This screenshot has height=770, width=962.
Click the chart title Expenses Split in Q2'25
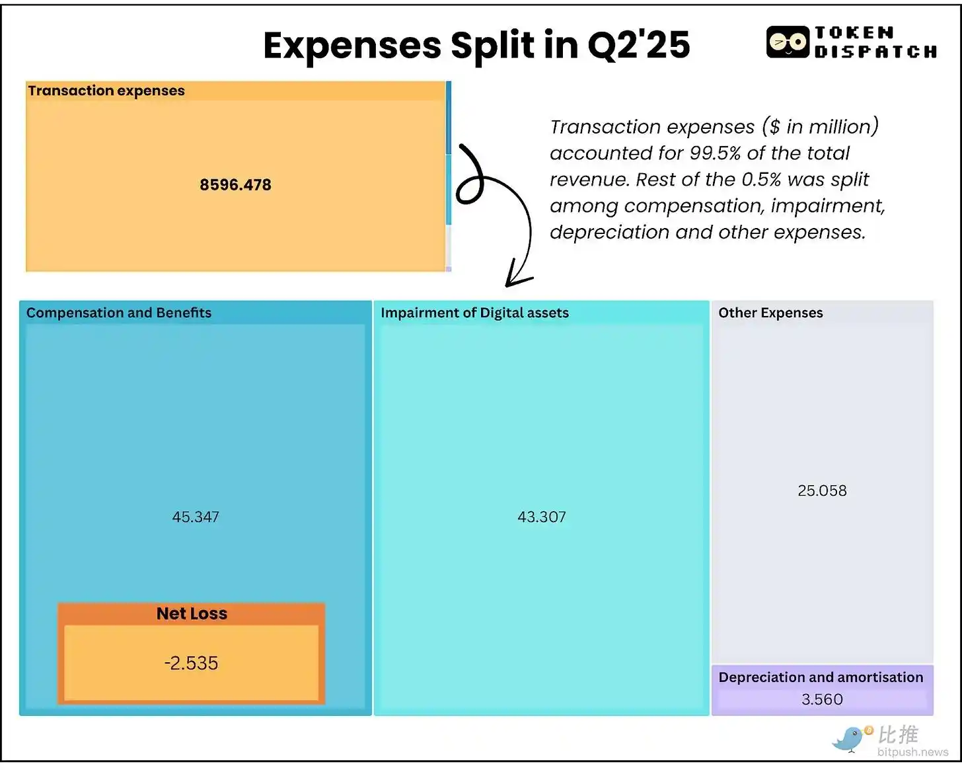pyautogui.click(x=476, y=45)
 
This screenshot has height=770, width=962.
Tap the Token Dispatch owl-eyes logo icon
pyautogui.click(x=788, y=42)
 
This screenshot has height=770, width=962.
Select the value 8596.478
pyautogui.click(x=235, y=185)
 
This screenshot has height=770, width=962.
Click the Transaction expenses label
pyautogui.click(x=106, y=91)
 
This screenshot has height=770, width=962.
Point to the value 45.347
pyautogui.click(x=196, y=517)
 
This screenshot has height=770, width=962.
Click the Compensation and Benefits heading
pyautogui.click(x=119, y=313)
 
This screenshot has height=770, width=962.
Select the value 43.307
pyautogui.click(x=542, y=517)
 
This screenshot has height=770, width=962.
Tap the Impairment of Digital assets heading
pyautogui.click(x=474, y=313)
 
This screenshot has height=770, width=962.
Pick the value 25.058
pyautogui.click(x=822, y=490)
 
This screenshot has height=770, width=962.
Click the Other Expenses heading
pyautogui.click(x=770, y=313)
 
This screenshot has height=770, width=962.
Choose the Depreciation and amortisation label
pyautogui.click(x=821, y=677)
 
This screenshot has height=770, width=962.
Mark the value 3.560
pyautogui.click(x=822, y=699)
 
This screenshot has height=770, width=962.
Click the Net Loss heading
pyautogui.click(x=192, y=613)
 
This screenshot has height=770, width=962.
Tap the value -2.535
pyautogui.click(x=191, y=663)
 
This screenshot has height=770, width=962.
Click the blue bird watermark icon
pyautogui.click(x=850, y=738)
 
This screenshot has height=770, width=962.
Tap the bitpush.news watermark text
pyautogui.click(x=912, y=752)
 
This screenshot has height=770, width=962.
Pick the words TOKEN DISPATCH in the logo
pyautogui.click(x=875, y=42)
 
